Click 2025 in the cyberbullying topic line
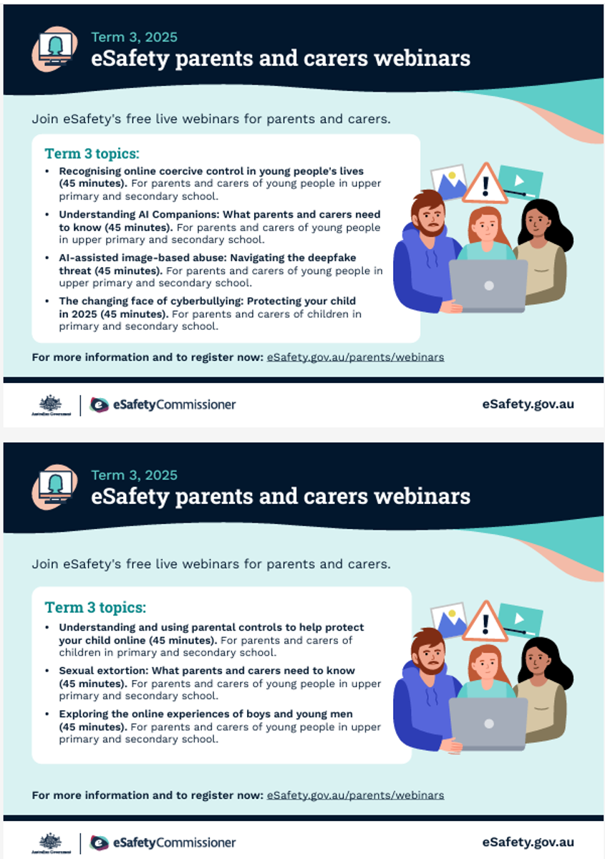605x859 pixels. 84,314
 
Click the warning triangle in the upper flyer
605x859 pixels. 485,184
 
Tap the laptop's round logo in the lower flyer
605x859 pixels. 489,724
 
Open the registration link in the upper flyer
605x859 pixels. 355,357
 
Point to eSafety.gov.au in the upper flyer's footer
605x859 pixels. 528,404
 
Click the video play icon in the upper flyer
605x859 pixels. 521,180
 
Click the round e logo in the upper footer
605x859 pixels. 99,404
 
